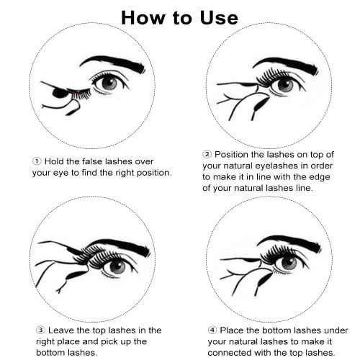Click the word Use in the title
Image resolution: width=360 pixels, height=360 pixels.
219,18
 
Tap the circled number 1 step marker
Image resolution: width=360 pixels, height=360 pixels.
37,161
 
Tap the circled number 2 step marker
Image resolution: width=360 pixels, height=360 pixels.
207,154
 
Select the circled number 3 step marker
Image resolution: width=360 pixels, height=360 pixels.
40,330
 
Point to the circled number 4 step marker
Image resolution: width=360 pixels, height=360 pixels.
212,330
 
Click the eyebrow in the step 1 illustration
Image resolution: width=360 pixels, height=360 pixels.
113,63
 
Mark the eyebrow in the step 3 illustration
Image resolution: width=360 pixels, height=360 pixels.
120,247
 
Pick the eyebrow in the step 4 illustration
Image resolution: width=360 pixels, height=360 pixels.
289,243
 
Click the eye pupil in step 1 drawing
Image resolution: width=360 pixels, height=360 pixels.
109,84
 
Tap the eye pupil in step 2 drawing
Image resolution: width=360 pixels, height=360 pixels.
286,85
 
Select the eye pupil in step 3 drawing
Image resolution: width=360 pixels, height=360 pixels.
117,266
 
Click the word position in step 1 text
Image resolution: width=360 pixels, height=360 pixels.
154,173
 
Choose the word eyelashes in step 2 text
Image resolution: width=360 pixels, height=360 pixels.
282,166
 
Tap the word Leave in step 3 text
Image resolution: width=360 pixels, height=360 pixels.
61,330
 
